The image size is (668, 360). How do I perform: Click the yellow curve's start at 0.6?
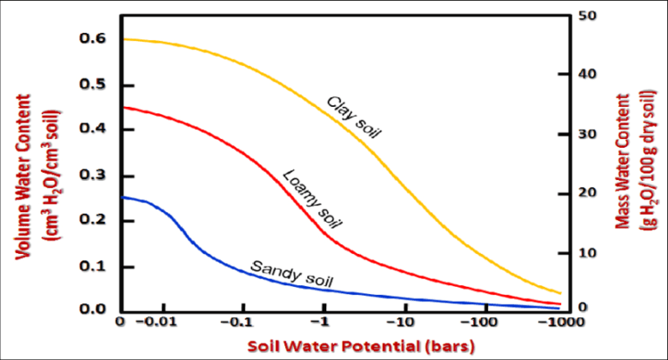(124, 39)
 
